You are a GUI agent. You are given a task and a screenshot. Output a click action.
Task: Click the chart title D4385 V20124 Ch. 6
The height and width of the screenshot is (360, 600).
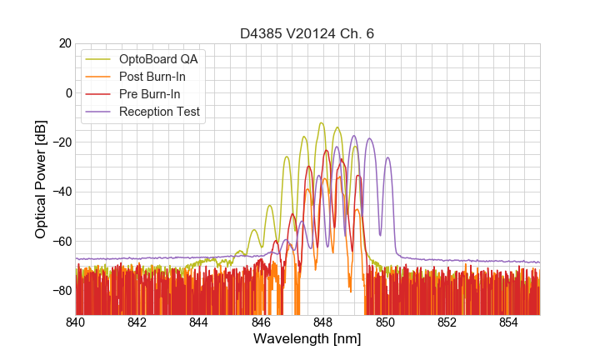coord(307,33)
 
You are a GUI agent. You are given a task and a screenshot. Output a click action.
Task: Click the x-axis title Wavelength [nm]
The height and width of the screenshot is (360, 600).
coord(307,339)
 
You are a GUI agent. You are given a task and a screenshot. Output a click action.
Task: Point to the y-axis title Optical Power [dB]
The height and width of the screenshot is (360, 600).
coord(41,178)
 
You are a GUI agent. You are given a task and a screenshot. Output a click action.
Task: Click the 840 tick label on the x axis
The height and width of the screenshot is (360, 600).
coord(76,322)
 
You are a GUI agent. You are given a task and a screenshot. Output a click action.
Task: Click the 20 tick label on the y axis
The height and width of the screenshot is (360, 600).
coord(65,43)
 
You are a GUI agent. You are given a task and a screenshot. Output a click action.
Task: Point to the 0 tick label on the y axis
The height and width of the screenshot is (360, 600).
coord(68,92)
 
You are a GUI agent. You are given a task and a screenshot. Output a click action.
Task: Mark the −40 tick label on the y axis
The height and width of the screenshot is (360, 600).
coord(62,192)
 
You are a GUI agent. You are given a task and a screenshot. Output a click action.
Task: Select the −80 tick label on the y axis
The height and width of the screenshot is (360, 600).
coord(62,290)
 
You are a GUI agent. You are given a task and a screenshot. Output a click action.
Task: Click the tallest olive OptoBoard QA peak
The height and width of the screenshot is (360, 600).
coord(321,123)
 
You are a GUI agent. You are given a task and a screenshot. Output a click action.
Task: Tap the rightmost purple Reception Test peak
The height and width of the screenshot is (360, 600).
coord(387,157)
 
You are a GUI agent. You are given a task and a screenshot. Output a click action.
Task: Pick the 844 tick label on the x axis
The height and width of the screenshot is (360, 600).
coord(199,322)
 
